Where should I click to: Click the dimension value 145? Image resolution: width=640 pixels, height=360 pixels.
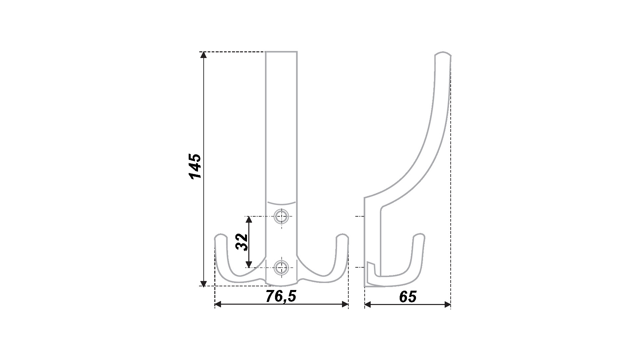(195, 167)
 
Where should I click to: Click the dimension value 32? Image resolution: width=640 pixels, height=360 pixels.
(242, 242)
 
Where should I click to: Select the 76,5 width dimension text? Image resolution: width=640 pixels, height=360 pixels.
(281, 296)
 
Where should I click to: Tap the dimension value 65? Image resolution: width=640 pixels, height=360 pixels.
(408, 297)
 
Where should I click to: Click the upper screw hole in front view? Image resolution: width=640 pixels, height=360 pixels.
(281, 217)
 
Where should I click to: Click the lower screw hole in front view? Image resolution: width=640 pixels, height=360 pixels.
(281, 267)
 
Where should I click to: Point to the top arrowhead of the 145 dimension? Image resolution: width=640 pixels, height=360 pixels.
(203, 55)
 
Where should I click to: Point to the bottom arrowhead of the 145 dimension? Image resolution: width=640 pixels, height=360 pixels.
(203, 284)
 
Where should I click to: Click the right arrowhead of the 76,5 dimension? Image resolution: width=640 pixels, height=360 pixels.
(345, 304)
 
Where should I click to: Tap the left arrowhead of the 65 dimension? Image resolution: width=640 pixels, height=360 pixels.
(368, 304)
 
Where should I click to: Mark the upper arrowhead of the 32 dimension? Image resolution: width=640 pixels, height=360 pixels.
(248, 219)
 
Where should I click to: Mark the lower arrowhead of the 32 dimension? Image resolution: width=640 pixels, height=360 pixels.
(248, 265)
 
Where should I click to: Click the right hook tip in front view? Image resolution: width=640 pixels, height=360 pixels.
(342, 236)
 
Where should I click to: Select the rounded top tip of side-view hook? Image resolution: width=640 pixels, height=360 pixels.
(443, 53)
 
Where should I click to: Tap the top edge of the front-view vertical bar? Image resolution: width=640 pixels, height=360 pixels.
(281, 52)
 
